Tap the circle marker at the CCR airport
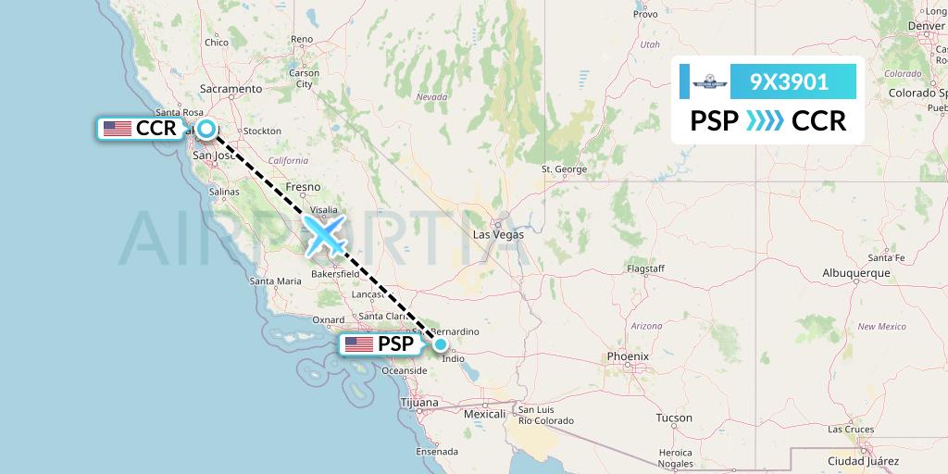coord(206,129)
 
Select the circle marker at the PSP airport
coord(442,344)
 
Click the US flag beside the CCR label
coord(118,129)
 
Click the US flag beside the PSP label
coord(358,344)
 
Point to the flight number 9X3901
coord(789,81)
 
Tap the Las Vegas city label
coord(498,234)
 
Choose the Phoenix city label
coord(628,356)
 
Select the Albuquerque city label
coord(855,273)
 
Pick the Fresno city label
coord(303,187)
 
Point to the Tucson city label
coord(673,418)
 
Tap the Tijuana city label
coord(421,404)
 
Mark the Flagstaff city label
coord(646,268)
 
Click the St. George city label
coord(564,169)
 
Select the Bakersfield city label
coord(334,275)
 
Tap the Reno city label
coord(303,39)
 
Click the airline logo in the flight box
coord(706,81)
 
